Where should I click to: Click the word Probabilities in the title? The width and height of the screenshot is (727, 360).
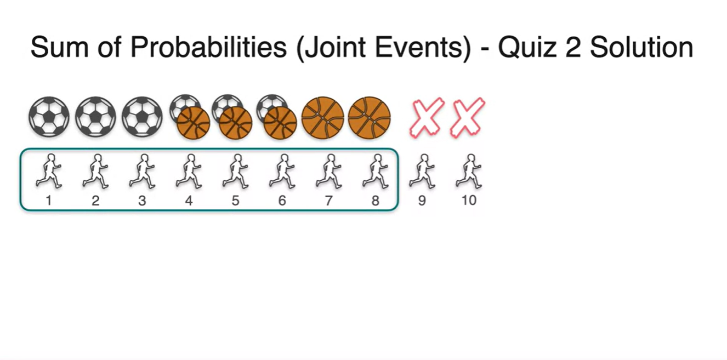(209, 48)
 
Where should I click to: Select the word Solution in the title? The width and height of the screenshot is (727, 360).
(641, 48)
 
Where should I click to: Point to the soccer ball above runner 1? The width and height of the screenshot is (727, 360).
(49, 117)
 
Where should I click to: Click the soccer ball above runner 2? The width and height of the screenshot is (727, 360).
(95, 117)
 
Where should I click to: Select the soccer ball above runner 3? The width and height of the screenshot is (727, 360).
(142, 117)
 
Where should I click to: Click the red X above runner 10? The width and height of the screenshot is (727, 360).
(467, 117)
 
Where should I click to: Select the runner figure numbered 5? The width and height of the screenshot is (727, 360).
(235, 171)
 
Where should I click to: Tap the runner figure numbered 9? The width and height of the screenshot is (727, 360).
(422, 171)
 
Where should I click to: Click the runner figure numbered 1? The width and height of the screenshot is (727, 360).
(49, 171)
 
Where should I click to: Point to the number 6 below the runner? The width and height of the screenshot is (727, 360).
(282, 201)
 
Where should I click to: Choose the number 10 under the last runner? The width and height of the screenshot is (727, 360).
(469, 201)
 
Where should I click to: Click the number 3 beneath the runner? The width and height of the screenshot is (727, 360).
(142, 201)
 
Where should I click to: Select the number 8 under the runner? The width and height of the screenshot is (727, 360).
(375, 201)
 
